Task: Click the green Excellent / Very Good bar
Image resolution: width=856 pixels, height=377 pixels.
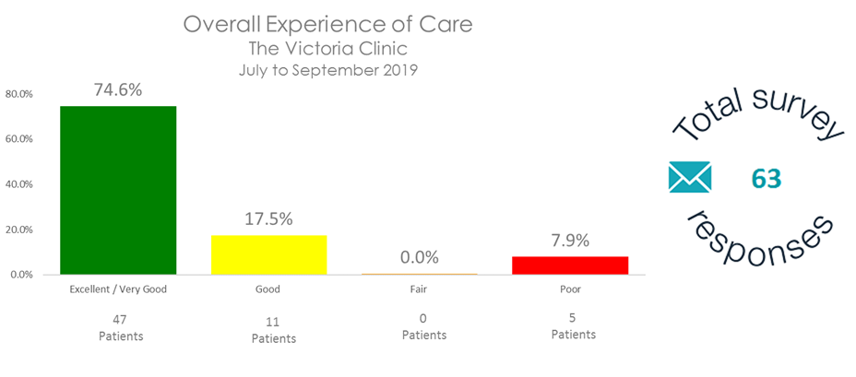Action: [x=118, y=190]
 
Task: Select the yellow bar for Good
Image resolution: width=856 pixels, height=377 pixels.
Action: [x=268, y=254]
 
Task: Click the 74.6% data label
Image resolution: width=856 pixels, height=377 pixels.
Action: [x=118, y=89]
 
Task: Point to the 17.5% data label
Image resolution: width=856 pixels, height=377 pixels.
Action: [x=268, y=219]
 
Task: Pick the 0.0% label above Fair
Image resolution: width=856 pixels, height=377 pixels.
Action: [x=421, y=257]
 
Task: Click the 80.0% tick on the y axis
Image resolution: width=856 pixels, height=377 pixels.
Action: [x=19, y=94]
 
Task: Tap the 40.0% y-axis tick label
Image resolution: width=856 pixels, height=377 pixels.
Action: [x=19, y=184]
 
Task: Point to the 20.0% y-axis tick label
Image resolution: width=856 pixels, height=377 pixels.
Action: [x=19, y=230]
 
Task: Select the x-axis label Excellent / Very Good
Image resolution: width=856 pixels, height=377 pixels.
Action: [x=118, y=289]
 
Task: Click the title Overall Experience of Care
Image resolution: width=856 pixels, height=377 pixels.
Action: [x=327, y=25]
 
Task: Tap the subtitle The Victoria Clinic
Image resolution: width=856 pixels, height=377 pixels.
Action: [x=327, y=49]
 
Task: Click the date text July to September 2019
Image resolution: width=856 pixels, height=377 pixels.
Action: [x=327, y=70]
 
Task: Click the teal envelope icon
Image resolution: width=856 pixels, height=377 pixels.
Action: [x=690, y=177]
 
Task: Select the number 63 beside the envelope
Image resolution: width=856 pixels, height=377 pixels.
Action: [x=766, y=178]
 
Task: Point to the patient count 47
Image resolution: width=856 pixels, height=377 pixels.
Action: [x=121, y=319]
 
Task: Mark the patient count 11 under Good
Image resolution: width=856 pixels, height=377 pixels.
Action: [x=273, y=322]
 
